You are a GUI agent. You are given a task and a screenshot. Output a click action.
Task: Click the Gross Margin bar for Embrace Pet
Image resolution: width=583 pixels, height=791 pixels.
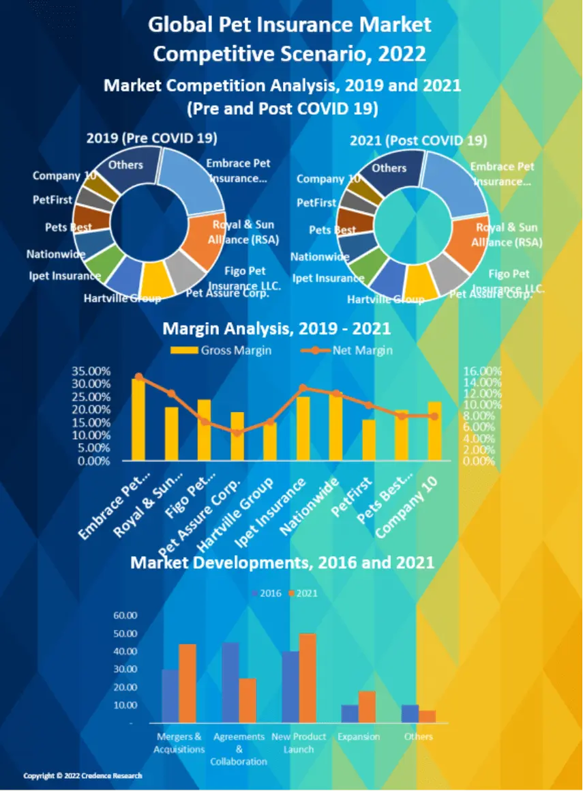(x=138, y=419)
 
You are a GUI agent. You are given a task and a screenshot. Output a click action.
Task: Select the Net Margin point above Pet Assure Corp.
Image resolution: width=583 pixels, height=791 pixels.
(x=237, y=433)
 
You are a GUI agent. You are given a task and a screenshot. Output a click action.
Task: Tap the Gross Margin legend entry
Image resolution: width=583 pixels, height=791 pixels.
(x=220, y=350)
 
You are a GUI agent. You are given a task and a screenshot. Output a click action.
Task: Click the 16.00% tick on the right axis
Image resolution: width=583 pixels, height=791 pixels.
(x=482, y=371)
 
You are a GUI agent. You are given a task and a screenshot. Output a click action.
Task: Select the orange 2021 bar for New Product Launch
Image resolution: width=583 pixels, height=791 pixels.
(x=308, y=678)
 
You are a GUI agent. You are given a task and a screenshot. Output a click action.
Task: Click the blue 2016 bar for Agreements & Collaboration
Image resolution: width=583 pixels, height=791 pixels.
(x=230, y=682)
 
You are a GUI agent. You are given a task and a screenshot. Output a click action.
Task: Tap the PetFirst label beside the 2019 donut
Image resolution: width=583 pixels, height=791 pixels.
(x=52, y=200)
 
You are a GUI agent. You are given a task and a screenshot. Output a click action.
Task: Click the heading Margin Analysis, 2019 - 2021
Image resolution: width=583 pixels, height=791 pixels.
(x=276, y=329)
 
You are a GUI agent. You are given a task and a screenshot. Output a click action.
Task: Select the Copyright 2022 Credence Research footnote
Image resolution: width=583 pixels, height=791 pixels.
(x=83, y=776)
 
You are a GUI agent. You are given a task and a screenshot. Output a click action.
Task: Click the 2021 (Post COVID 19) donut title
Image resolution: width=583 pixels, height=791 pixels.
(x=418, y=141)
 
